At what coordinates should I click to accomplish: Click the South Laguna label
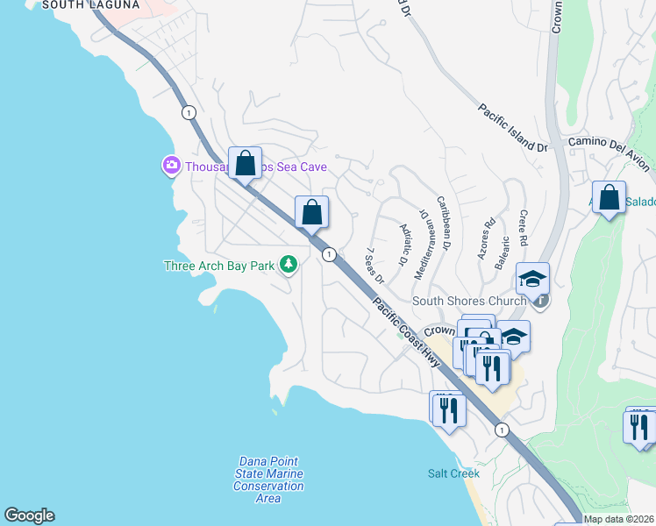90,5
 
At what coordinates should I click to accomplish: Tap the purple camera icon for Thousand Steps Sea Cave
171,165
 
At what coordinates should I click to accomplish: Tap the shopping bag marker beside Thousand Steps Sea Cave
246,163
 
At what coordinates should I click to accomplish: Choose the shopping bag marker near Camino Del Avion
609,197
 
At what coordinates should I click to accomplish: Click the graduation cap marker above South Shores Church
532,279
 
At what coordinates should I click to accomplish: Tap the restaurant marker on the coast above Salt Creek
447,409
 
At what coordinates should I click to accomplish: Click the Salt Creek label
453,473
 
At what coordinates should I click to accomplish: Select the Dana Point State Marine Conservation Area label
269,480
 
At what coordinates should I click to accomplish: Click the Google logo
29,515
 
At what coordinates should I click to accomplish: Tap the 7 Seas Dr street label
374,266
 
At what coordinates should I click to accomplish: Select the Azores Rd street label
487,236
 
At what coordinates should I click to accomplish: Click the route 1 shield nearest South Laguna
188,112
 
